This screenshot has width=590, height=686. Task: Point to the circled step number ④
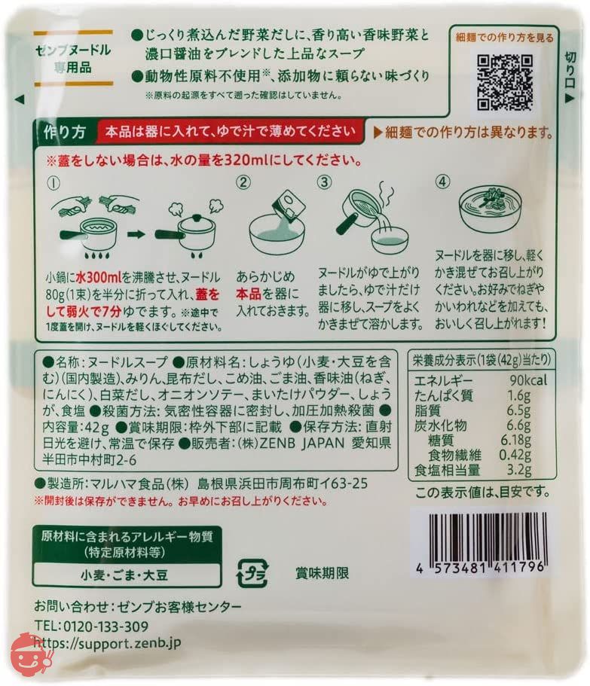(x=443, y=181)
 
